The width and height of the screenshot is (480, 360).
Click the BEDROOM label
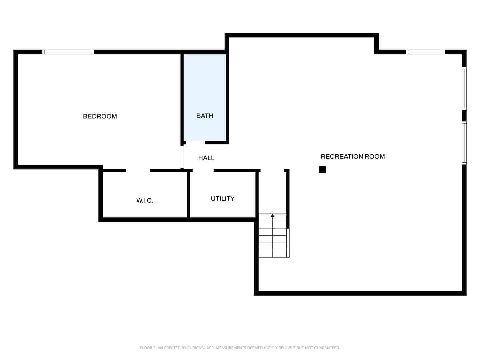100,116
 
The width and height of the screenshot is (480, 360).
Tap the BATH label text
205,116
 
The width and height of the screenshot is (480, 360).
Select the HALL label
206,158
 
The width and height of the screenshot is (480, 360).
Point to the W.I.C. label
145,200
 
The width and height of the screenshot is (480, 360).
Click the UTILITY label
223,198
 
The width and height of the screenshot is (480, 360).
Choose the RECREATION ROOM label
353,157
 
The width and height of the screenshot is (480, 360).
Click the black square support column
323,170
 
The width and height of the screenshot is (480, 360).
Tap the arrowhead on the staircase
272,216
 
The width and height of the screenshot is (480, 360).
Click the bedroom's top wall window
68,52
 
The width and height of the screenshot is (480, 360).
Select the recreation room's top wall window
426,52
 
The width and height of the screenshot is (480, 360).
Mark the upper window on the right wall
464,89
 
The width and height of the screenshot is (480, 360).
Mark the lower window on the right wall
464,143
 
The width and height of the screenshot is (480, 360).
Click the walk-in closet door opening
138,170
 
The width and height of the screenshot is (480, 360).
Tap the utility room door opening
203,170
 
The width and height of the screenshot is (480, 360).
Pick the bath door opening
195,143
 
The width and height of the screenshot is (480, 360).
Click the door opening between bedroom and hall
182,157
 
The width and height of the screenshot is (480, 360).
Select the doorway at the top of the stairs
272,170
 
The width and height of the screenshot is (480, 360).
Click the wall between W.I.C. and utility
188,195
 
